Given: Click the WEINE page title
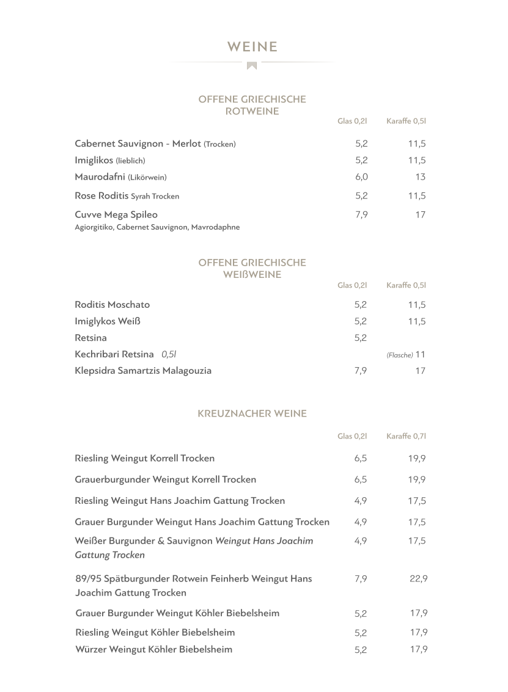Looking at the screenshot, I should click(x=252, y=47).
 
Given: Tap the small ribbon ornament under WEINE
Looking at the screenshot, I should click(x=252, y=65).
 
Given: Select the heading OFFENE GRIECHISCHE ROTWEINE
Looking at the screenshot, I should click(x=252, y=105).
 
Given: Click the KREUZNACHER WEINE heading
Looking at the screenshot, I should click(x=252, y=414).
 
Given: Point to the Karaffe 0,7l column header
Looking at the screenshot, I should click(x=406, y=436).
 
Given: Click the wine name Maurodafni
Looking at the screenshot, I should click(x=100, y=177).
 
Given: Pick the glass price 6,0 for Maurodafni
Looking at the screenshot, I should click(x=361, y=177).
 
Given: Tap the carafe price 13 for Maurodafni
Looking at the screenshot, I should click(x=420, y=177).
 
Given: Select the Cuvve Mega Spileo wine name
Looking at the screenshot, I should click(x=116, y=214).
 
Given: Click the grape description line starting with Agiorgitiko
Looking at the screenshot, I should click(x=157, y=227).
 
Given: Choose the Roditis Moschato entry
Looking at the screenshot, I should click(x=112, y=304).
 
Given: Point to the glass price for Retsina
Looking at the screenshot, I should click(x=361, y=338).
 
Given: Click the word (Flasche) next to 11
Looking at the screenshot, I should click(x=400, y=355).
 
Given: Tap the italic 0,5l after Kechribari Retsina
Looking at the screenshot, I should click(x=169, y=354).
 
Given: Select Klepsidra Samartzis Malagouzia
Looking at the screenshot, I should click(x=143, y=370).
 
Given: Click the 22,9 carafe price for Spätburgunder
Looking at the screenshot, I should click(x=418, y=579).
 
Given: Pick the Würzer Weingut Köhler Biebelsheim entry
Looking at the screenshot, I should click(x=153, y=649).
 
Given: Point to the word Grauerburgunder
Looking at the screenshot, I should click(x=112, y=479).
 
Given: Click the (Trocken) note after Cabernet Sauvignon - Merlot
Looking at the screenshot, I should click(x=219, y=144).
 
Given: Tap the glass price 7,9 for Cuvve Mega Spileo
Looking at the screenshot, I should click(x=361, y=215).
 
